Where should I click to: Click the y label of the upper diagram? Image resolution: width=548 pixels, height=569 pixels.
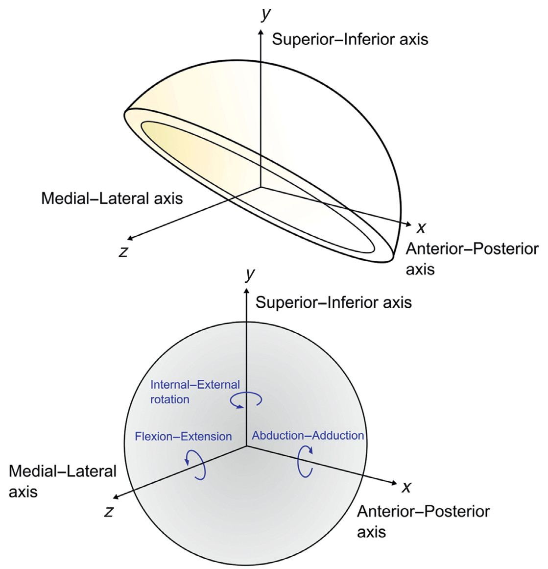pos(266,15)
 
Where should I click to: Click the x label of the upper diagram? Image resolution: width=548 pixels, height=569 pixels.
pos(421,227)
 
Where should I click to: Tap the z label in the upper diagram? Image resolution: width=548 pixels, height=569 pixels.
pos(123,251)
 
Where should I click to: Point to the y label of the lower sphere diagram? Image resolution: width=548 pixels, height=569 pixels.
pos(250,274)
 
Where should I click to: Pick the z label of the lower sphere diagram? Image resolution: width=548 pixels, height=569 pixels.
pos(109,511)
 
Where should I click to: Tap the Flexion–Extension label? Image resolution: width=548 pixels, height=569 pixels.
pos(183,436)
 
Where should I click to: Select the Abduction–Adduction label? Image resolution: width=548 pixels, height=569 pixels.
pos(308,436)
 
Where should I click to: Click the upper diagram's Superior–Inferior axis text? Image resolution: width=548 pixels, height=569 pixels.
pos(350,39)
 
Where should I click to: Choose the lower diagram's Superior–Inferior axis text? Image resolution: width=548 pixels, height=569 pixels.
pos(334,302)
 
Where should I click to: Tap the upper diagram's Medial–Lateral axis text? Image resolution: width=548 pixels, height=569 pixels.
pos(112,198)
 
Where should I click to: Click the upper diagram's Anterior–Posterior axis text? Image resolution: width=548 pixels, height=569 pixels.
pos(472,259)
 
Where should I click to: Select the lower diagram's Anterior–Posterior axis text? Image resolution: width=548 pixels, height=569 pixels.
pos(423,522)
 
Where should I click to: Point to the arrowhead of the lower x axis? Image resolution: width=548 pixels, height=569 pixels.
pos(395,483)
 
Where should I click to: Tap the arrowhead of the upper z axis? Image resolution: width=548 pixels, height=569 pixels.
pos(130,238)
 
